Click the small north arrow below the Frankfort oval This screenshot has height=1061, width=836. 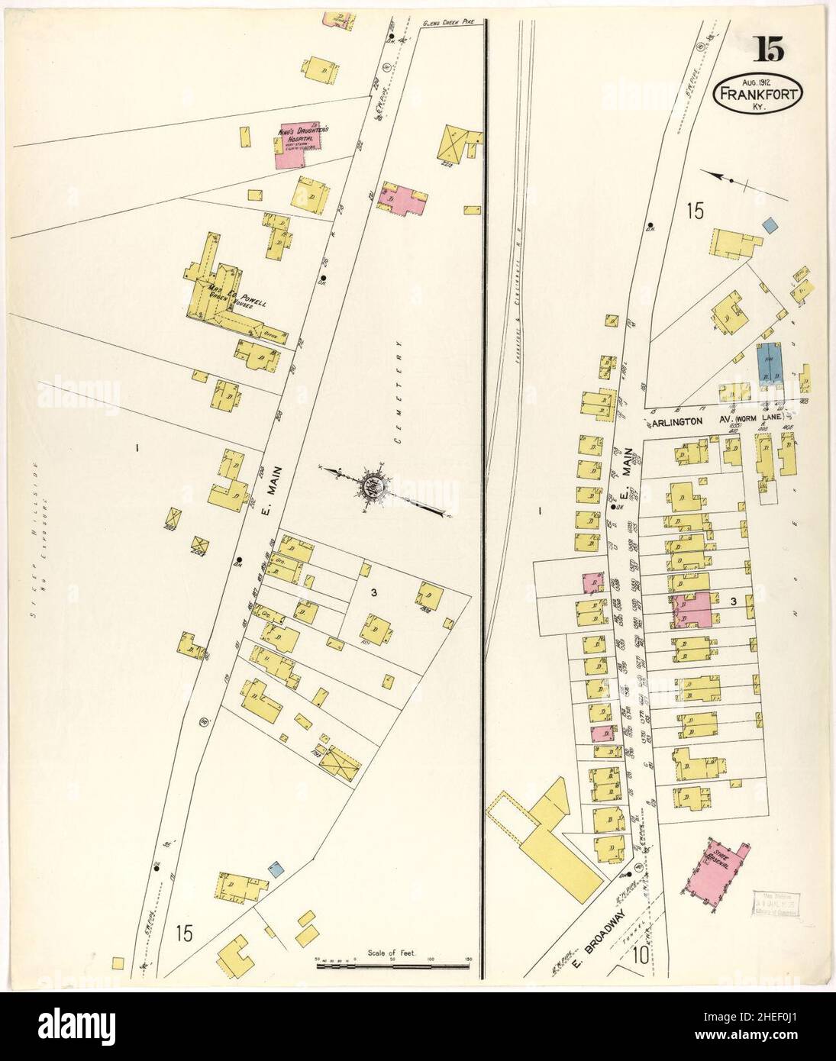(x=731, y=179)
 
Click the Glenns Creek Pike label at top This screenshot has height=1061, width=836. (x=448, y=24)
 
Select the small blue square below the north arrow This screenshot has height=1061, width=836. (x=770, y=225)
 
